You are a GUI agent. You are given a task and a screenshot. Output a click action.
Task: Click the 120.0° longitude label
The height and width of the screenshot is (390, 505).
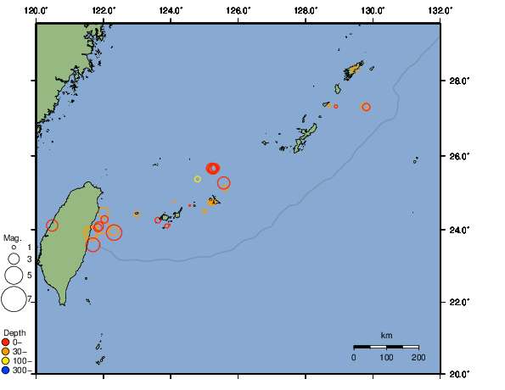(x=36, y=10)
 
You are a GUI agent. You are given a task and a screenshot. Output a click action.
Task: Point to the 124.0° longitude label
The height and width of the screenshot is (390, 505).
(x=171, y=10)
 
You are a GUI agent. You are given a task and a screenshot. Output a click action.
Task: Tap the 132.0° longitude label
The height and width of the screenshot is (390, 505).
(x=440, y=10)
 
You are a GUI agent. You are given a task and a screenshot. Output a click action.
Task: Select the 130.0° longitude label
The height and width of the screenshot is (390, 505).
(x=373, y=10)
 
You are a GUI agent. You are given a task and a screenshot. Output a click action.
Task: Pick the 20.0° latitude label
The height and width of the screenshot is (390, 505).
(x=459, y=373)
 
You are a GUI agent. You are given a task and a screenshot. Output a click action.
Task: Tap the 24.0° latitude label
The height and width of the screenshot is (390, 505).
(x=459, y=230)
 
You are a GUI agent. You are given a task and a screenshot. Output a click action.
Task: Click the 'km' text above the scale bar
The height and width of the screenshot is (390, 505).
(x=386, y=336)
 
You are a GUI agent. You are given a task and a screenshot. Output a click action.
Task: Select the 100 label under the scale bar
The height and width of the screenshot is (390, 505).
(x=386, y=359)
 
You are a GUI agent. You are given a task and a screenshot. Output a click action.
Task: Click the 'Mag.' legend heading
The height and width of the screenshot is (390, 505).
(x=12, y=238)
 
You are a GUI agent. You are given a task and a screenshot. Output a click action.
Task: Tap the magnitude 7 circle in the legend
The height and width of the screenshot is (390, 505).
(x=14, y=298)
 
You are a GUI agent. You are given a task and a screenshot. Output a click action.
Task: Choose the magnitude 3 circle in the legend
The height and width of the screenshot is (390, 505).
(x=14, y=259)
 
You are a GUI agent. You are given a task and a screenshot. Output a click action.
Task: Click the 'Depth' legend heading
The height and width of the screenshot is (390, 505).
(x=14, y=332)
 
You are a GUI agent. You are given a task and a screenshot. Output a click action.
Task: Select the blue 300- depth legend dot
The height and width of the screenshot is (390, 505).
(x=6, y=370)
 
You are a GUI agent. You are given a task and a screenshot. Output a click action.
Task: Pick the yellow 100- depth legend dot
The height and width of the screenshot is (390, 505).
(x=6, y=360)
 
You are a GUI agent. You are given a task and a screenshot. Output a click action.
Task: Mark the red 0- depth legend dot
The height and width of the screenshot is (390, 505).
(x=6, y=342)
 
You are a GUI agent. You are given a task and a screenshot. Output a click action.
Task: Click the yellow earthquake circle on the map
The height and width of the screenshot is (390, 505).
(x=198, y=179)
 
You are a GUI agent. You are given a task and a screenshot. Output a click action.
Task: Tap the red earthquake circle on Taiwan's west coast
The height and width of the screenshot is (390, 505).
(x=53, y=226)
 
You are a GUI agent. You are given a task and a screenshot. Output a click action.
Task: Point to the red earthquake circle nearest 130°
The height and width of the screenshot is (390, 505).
(x=366, y=107)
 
